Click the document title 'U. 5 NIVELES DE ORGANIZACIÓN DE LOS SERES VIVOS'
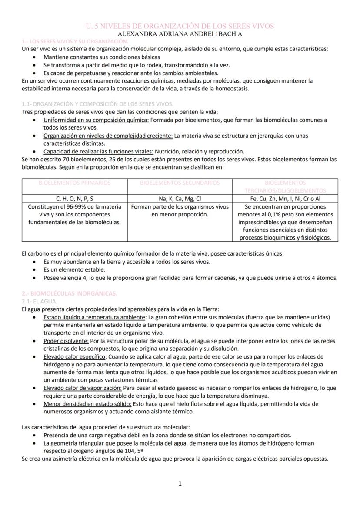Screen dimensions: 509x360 tap(180, 26)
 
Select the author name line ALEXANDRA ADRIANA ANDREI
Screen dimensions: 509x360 tap(180, 33)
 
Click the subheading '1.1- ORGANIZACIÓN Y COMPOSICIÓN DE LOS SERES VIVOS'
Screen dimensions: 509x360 tap(97, 104)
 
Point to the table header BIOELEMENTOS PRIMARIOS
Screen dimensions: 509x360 tap(74, 183)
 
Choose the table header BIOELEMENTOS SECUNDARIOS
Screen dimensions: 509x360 tap(180, 183)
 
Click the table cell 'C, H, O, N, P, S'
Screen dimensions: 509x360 tap(74, 199)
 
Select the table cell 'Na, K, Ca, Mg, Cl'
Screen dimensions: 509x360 tap(180, 199)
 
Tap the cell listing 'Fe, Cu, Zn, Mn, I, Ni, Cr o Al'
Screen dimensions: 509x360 tap(285, 199)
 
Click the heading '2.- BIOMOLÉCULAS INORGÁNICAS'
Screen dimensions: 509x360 tap(70, 293)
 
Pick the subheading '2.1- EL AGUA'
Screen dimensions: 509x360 tap(40, 301)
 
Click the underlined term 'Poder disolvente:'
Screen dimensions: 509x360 tap(66, 341)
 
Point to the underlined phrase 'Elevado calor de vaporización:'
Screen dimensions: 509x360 tap(83, 388)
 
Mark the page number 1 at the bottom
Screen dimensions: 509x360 tap(180, 484)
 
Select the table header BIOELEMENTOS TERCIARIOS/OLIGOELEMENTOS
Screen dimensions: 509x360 tap(285, 186)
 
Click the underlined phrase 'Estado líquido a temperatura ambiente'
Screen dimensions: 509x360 tap(94, 317)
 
